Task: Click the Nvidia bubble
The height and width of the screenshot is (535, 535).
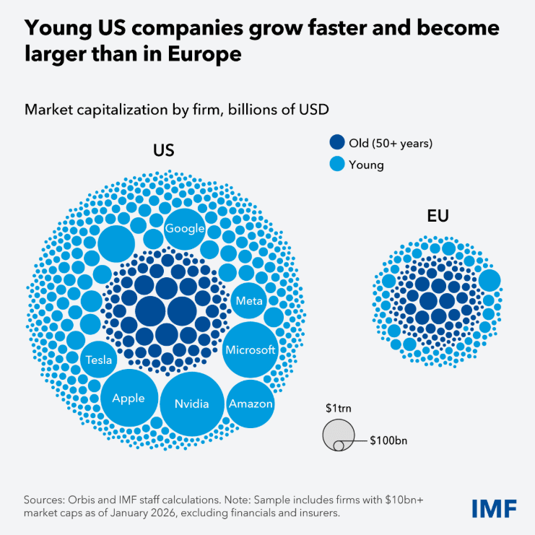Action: (x=191, y=404)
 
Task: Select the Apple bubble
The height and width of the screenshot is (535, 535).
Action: (x=129, y=398)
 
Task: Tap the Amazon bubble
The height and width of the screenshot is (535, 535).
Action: (x=251, y=403)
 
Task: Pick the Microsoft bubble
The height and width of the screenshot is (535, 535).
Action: (x=251, y=349)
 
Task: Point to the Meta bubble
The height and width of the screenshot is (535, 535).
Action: (x=249, y=300)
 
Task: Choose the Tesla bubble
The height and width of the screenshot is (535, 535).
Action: (x=98, y=359)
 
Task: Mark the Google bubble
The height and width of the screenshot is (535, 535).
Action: (x=185, y=228)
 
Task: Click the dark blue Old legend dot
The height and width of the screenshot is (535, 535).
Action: (x=336, y=143)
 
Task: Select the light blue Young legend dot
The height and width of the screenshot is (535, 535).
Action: (x=336, y=165)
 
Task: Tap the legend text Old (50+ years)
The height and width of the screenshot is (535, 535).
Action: (x=391, y=143)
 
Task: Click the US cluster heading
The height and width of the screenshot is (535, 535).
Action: (x=164, y=150)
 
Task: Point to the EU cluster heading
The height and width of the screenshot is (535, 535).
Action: (x=438, y=216)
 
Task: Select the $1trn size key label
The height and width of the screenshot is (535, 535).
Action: (x=336, y=408)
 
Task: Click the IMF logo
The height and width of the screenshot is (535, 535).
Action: (x=494, y=508)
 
